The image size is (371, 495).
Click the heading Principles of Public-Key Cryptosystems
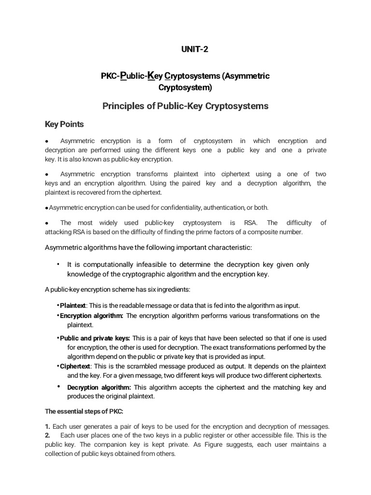pos(185,106)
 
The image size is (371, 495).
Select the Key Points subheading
pos(64,124)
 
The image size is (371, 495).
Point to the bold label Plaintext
pos(73,306)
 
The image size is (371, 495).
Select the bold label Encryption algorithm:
pos(92,316)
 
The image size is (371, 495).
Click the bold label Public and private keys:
pos(95,338)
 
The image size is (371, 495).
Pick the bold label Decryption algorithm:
pos(99,387)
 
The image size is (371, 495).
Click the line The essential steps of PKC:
pos(84,412)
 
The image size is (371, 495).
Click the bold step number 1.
pos(47,426)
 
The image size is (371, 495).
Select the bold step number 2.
pos(47,436)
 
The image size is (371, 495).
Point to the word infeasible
pos(147,264)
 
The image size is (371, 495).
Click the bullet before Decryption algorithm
pos(58,386)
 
